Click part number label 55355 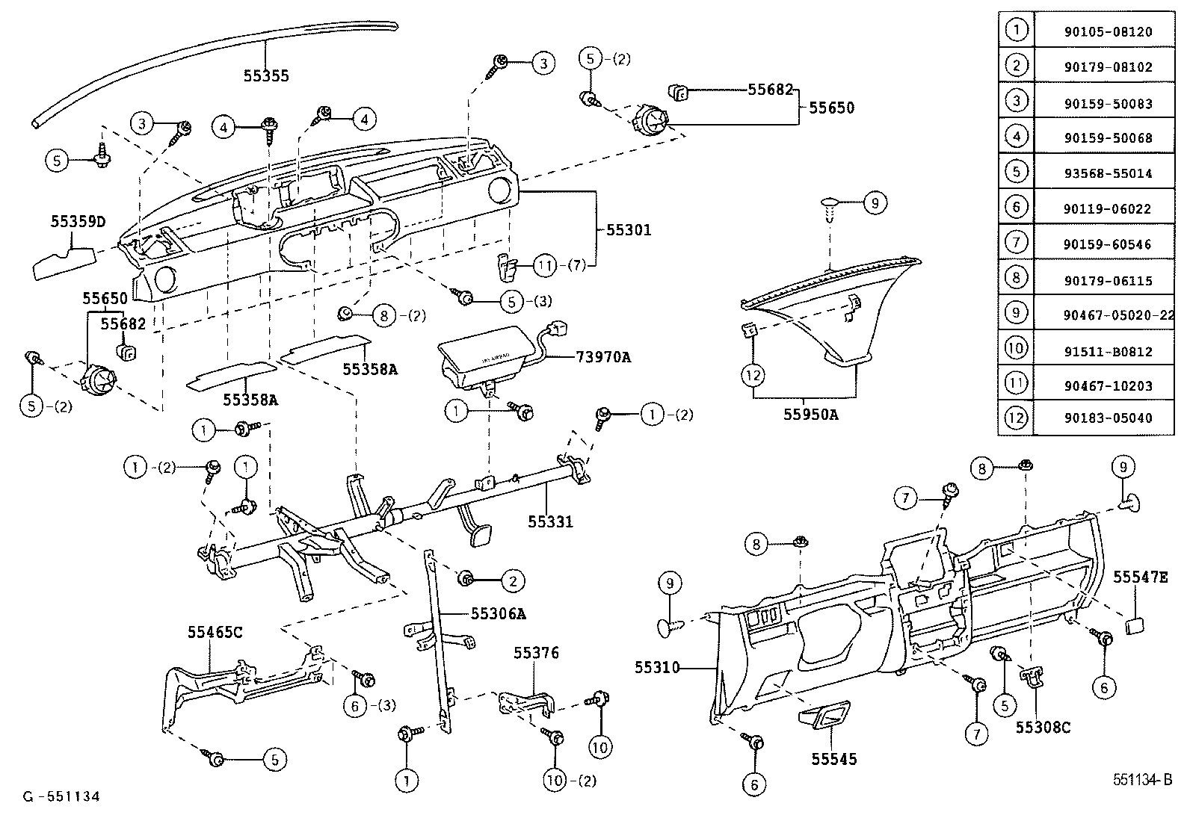pyautogui.click(x=265, y=75)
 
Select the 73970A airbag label pyautogui.click(x=602, y=357)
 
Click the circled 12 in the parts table pyautogui.click(x=1016, y=418)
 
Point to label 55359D pyautogui.click(x=78, y=221)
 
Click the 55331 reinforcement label pyautogui.click(x=550, y=521)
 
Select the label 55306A pyautogui.click(x=499, y=614)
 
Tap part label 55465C pyautogui.click(x=215, y=632)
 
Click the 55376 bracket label pyautogui.click(x=535, y=653)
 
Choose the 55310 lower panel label pyautogui.click(x=657, y=667)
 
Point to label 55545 pyautogui.click(x=834, y=759)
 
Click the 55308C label pyautogui.click(x=1043, y=726)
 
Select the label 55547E pyautogui.click(x=1140, y=577)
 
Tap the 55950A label pyautogui.click(x=810, y=415)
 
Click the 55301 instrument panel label pyautogui.click(x=628, y=230)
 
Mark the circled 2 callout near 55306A pyautogui.click(x=513, y=580)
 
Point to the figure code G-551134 pyautogui.click(x=61, y=796)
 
